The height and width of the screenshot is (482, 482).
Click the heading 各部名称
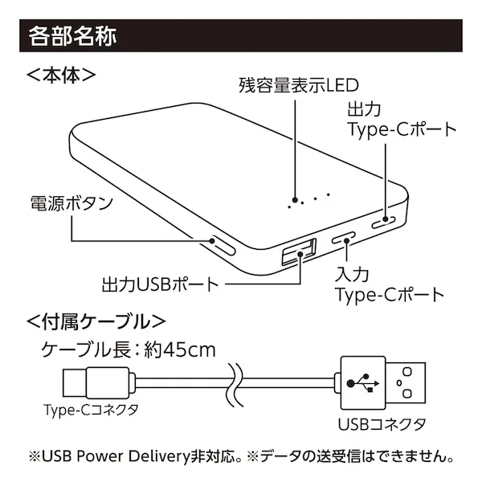tap(73, 36)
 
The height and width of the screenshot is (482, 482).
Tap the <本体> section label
tap(61, 76)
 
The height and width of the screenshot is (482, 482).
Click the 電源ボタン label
tap(71, 202)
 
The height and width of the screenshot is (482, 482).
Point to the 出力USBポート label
tap(160, 284)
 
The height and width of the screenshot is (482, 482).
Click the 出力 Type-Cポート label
tap(401, 118)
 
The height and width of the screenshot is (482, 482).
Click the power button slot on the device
tap(222, 245)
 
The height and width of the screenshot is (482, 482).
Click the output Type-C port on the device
tap(385, 220)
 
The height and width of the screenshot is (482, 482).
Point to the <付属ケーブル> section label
tap(96, 322)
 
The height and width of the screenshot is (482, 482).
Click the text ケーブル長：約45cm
tap(129, 350)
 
